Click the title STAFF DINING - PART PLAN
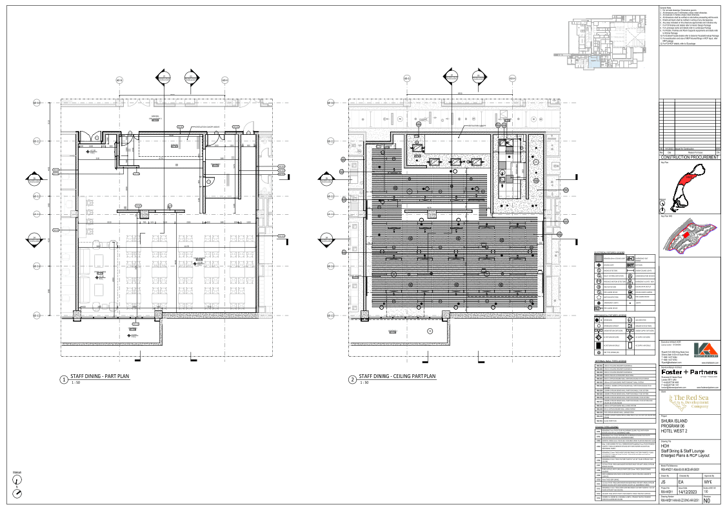coord(100,375)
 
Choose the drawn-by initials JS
coord(664,482)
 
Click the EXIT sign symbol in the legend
coord(630,264)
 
